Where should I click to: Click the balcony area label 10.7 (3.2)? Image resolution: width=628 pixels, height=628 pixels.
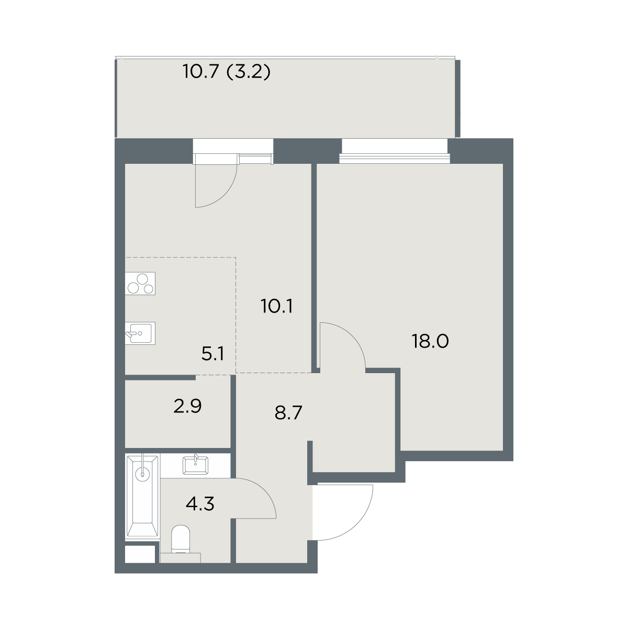(227, 71)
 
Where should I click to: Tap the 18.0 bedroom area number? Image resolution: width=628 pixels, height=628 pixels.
(430, 341)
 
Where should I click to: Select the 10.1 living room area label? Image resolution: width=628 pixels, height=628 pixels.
(277, 306)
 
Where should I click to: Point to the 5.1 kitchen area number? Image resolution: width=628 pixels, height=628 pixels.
(212, 354)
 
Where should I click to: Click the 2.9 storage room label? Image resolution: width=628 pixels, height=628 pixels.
(187, 406)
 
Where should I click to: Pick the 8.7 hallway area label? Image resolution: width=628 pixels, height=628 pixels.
(288, 412)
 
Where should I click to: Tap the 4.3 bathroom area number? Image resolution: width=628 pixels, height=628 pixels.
(200, 504)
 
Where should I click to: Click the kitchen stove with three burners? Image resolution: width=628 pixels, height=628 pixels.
(140, 284)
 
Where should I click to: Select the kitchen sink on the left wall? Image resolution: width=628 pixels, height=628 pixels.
(140, 333)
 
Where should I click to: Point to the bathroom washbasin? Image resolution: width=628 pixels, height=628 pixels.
(196, 465)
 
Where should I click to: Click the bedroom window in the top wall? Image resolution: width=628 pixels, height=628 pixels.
(395, 151)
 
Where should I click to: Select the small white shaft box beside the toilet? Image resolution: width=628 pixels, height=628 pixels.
(140, 554)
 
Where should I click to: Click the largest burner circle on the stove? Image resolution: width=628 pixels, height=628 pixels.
(142, 279)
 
